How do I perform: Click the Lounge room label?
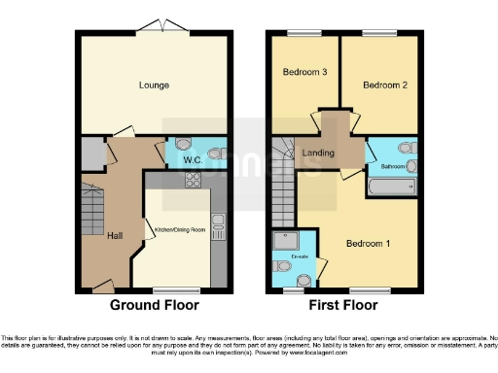(154, 85)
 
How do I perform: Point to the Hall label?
(115, 235)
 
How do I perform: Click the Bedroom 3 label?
(303, 72)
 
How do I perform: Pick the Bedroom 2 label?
(383, 85)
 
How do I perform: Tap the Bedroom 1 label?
(369, 243)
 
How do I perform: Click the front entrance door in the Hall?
(101, 287)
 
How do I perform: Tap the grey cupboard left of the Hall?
(91, 153)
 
